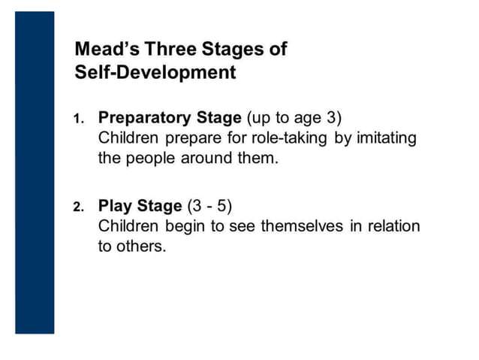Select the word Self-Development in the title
[x=155, y=73]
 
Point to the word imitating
[x=384, y=138]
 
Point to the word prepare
[x=183, y=139]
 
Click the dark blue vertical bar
[x=35, y=172]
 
